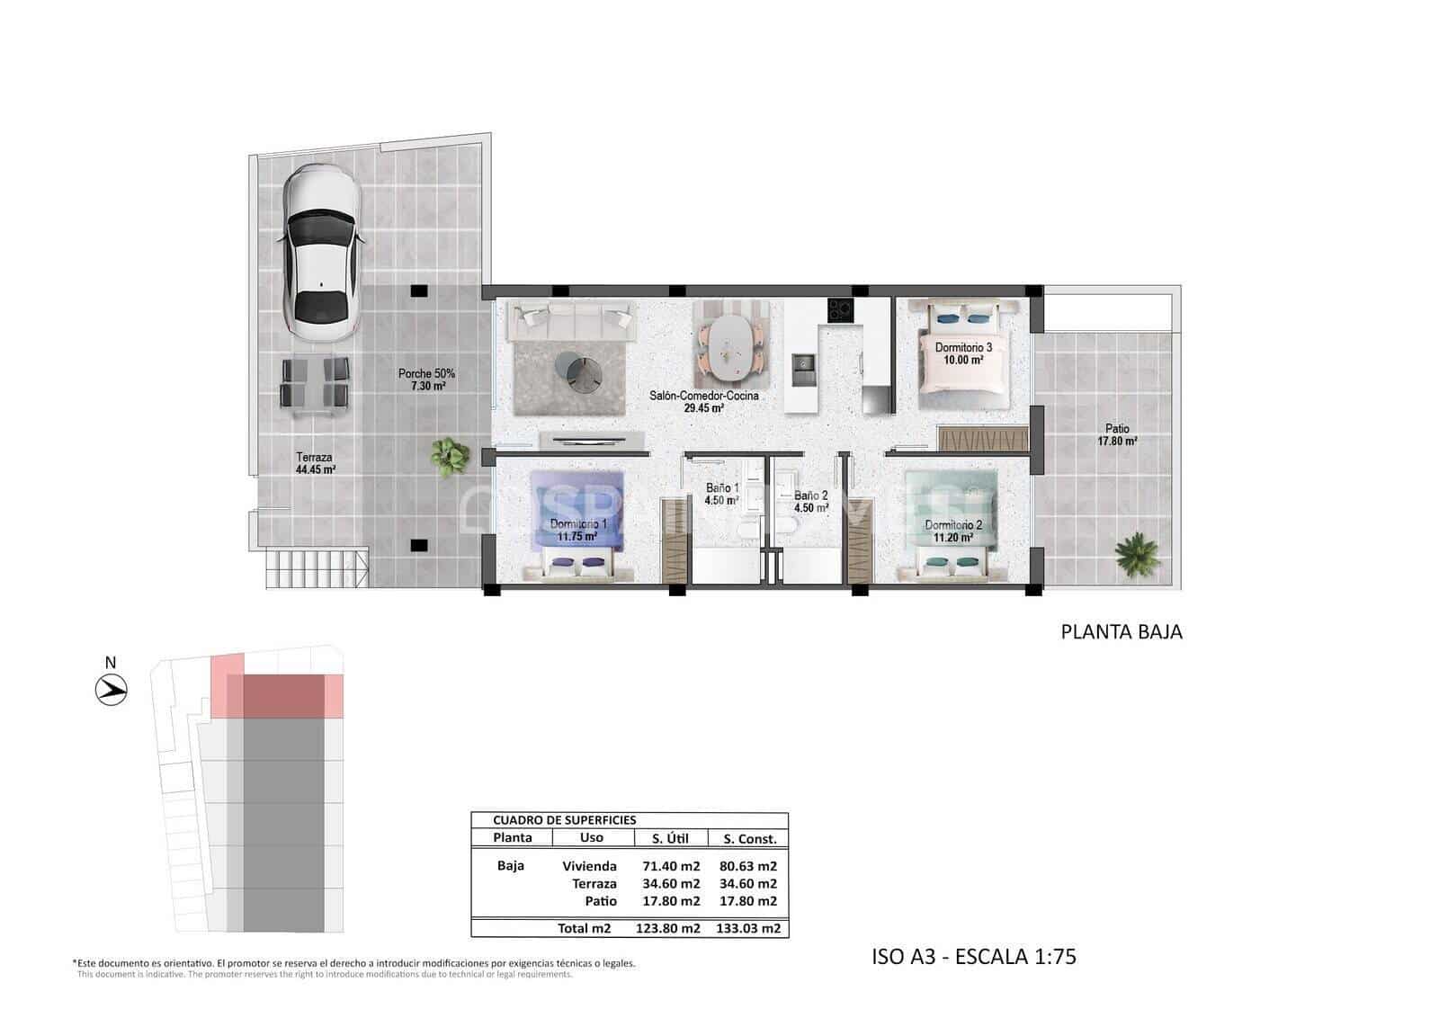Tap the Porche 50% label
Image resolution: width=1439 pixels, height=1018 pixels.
pyautogui.click(x=426, y=380)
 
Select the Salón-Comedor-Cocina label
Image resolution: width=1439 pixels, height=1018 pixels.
pyautogui.click(x=704, y=401)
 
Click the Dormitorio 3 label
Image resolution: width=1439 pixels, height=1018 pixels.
pyautogui.click(x=963, y=353)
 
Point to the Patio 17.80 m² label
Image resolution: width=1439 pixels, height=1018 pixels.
pyautogui.click(x=1117, y=435)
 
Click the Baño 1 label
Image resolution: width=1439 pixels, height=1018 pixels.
pyautogui.click(x=721, y=495)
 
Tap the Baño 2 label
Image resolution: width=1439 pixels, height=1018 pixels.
pyautogui.click(x=810, y=501)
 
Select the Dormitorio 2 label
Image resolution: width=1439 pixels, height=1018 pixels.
pyautogui.click(x=953, y=531)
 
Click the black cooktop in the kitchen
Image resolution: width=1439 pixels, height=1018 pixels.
pyautogui.click(x=839, y=310)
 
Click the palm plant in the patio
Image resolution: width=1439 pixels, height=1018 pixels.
pyautogui.click(x=1136, y=551)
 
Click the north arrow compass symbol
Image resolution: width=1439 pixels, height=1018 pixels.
pyautogui.click(x=112, y=690)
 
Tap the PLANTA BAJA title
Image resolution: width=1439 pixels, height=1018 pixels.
pyautogui.click(x=1122, y=631)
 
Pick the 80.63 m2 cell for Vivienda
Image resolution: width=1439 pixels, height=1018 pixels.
pyautogui.click(x=748, y=867)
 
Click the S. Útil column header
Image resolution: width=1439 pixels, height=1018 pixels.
pyautogui.click(x=670, y=838)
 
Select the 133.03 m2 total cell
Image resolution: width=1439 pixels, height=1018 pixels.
pyautogui.click(x=748, y=928)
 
